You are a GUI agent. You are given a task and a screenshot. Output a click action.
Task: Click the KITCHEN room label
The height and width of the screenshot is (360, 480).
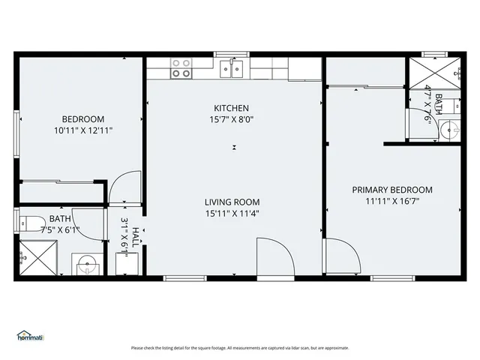pyautogui.click(x=231, y=108)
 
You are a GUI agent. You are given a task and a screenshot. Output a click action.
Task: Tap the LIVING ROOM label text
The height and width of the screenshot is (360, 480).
pyautogui.click(x=232, y=202)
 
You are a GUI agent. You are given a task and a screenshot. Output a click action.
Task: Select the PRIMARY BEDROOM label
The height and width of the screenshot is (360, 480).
pyautogui.click(x=392, y=190)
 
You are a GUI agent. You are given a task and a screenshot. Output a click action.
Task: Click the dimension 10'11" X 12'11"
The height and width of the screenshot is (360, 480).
pyautogui.click(x=83, y=130)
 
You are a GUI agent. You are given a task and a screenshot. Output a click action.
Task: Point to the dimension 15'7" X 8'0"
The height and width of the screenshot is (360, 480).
pyautogui.click(x=231, y=119)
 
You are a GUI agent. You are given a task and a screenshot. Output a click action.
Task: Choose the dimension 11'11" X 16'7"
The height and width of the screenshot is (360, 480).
pyautogui.click(x=392, y=201)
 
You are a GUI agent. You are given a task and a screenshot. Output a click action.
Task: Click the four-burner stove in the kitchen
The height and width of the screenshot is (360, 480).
pyautogui.click(x=181, y=69)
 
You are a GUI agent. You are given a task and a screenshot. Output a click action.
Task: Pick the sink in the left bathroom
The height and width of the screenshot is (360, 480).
pyautogui.click(x=85, y=264)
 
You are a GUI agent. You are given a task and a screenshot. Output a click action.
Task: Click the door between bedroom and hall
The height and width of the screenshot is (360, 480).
pyautogui.click(x=124, y=187)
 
